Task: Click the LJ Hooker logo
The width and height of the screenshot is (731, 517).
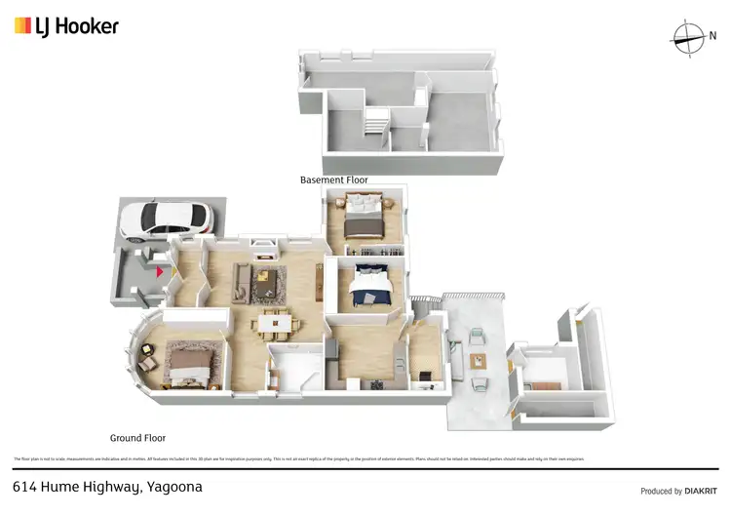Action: pos(66,26)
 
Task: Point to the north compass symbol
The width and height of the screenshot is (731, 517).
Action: pos(689,37)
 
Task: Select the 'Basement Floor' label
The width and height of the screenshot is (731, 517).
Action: pos(333,180)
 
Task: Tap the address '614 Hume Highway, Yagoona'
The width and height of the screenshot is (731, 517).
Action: pos(107,486)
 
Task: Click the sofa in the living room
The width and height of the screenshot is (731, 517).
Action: pos(240,283)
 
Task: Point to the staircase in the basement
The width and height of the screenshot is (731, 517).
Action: pos(375,124)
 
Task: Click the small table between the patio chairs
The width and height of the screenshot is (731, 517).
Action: pos(477,361)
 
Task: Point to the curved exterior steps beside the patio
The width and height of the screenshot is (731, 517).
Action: pos(422,303)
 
